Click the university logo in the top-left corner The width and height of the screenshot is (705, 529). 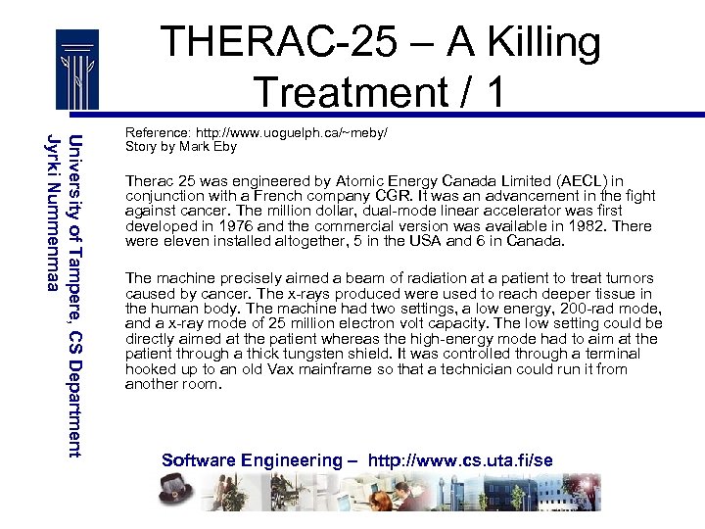tap(76, 71)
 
